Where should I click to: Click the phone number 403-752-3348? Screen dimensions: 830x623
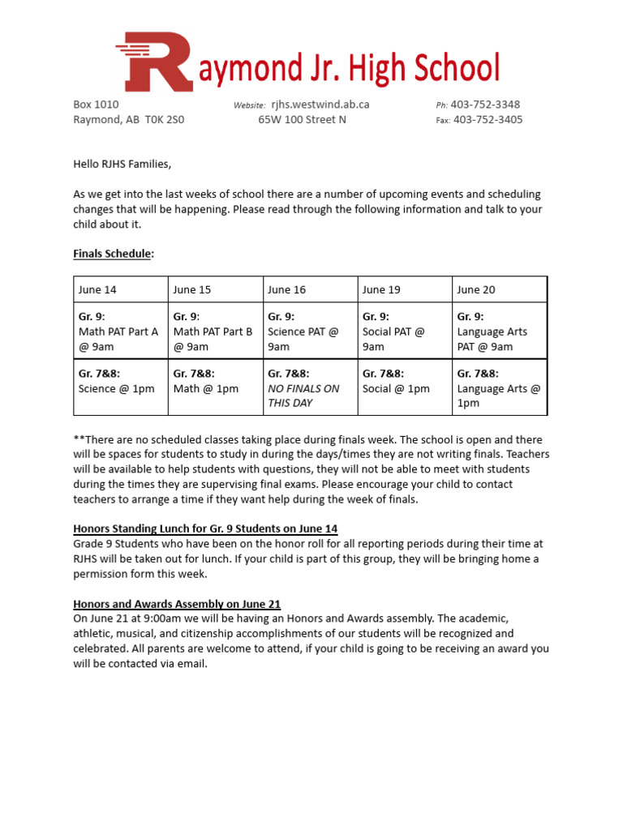coord(485,105)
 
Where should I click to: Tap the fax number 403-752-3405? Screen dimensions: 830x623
coord(488,120)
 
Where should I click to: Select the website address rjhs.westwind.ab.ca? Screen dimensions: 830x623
coord(320,105)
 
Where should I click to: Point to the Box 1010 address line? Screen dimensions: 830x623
coord(96,105)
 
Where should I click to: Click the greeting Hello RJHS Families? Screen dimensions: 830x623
coord(122,164)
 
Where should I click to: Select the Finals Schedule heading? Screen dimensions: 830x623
coord(112,254)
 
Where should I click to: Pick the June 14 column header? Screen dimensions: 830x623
coord(97,289)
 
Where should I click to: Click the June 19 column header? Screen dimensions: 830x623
coord(381,289)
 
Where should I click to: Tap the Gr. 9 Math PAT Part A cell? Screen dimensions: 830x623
coord(120,332)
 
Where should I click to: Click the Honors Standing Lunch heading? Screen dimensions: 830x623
coord(205,528)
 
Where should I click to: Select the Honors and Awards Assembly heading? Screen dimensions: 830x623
coord(177,604)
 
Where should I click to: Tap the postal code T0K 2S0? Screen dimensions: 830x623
coord(165,120)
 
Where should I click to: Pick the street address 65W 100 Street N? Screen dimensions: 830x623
coord(302,120)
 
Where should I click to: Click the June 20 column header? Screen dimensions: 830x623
coord(476,289)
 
